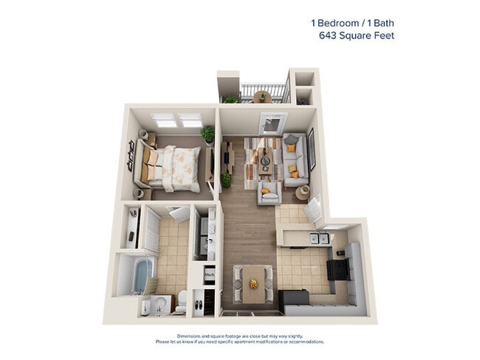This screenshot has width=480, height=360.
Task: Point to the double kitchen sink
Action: tap(318, 238)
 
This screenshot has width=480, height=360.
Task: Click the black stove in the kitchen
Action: tap(339, 269)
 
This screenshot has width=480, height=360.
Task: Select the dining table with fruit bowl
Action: tap(253, 285)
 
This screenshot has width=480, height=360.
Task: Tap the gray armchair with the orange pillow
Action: tap(268, 193)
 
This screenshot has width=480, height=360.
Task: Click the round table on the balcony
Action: tap(261, 96)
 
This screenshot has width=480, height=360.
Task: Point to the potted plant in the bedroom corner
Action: tap(208, 134)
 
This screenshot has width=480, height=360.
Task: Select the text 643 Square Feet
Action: tap(356, 35)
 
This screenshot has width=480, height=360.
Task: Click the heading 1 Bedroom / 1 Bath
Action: tap(352, 22)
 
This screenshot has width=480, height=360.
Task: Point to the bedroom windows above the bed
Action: tap(176, 120)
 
